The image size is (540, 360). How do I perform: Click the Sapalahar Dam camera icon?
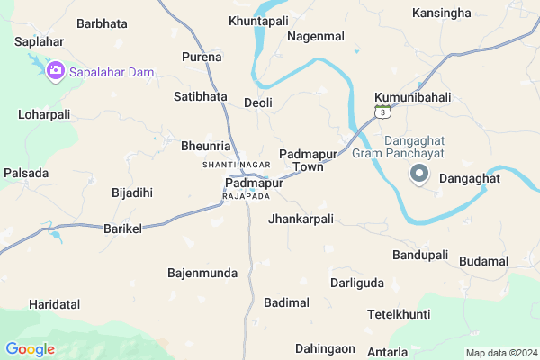pos(55,69)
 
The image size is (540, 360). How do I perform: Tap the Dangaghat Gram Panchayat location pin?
pos(418,175)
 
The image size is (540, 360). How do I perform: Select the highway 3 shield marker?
pos(384,112)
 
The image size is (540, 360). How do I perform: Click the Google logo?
pos(30,349)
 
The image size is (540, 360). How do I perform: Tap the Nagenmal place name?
pos(316,36)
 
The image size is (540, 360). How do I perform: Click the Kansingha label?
pos(441,13)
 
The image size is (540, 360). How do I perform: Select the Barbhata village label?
pos(102,23)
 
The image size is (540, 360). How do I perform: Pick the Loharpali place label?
pos(44,115)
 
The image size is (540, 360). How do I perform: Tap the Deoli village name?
pos(257,103)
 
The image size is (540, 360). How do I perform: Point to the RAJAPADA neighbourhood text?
pos(246,195)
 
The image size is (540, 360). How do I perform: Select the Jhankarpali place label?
pos(301,219)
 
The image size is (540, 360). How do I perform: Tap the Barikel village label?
pos(123,229)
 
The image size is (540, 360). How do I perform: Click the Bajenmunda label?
pos(202,272)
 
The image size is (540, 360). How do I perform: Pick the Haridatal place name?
pos(54,304)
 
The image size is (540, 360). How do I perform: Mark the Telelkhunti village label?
pos(399,314)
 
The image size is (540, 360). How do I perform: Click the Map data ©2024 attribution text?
pos(500,352)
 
